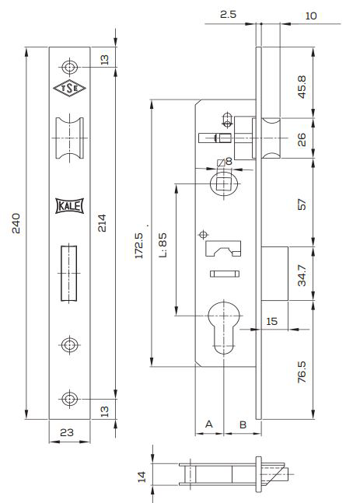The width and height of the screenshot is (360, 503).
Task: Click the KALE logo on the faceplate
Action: [70, 205]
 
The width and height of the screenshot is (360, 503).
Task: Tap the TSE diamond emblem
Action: [69, 88]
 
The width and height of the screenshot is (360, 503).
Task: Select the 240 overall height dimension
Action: [16, 223]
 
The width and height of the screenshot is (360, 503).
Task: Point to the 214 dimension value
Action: [102, 223]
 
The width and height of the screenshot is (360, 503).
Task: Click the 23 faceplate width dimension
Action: [67, 432]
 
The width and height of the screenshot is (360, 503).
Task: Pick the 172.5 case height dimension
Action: [139, 246]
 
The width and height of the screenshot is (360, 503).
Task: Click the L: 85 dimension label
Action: [163, 245]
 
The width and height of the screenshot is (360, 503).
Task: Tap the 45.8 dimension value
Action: [302, 87]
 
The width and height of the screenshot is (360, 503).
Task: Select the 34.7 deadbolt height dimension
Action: [302, 275]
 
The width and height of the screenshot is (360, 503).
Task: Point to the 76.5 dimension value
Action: [302, 372]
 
